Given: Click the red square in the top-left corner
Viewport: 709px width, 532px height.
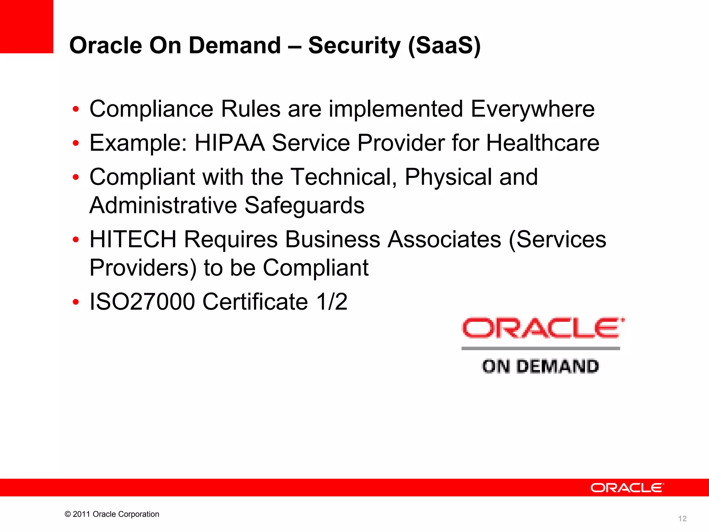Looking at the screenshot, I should click(x=27, y=26).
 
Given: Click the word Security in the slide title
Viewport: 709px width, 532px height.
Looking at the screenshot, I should click(x=354, y=46).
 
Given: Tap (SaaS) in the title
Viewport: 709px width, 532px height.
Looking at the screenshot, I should click(x=444, y=46).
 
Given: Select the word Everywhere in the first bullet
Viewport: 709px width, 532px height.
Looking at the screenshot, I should click(x=532, y=109).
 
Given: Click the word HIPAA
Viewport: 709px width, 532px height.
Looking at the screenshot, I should click(x=230, y=143).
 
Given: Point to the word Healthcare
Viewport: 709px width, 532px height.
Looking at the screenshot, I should click(x=542, y=143).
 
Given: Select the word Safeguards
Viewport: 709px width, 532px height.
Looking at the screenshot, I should click(x=304, y=206).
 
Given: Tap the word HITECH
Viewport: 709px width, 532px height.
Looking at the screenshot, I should click(x=133, y=240).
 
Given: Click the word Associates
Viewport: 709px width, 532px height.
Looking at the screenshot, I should click(x=444, y=240).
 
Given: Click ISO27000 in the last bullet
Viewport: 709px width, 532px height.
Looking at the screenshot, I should click(x=142, y=302).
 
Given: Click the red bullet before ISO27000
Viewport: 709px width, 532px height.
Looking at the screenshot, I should click(x=76, y=302).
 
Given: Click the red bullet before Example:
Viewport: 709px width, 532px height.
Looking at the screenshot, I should click(x=76, y=143).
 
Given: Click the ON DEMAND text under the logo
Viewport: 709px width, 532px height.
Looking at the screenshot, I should click(x=540, y=366).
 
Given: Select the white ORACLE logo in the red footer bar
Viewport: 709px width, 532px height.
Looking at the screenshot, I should click(x=627, y=488).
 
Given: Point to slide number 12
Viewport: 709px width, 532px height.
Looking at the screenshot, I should click(x=682, y=518).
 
